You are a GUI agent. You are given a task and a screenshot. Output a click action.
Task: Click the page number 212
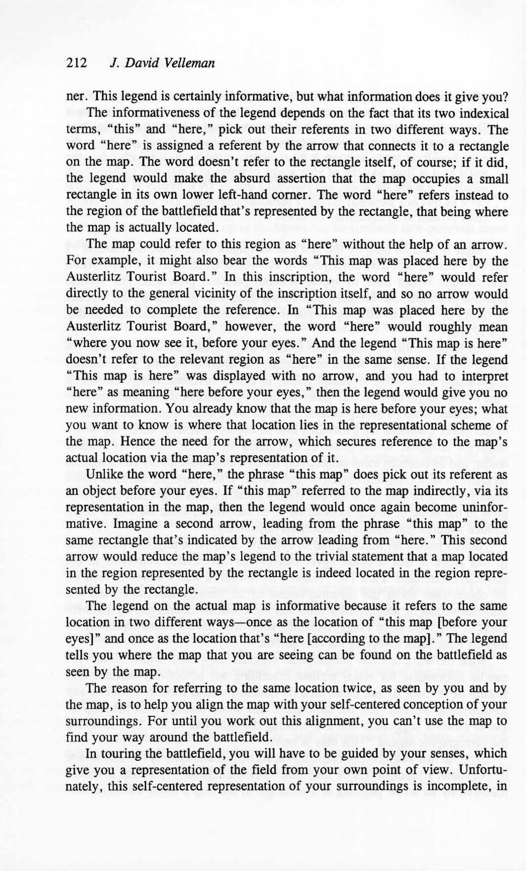point(76,63)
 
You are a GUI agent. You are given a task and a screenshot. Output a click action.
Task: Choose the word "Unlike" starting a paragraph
point(102,475)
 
